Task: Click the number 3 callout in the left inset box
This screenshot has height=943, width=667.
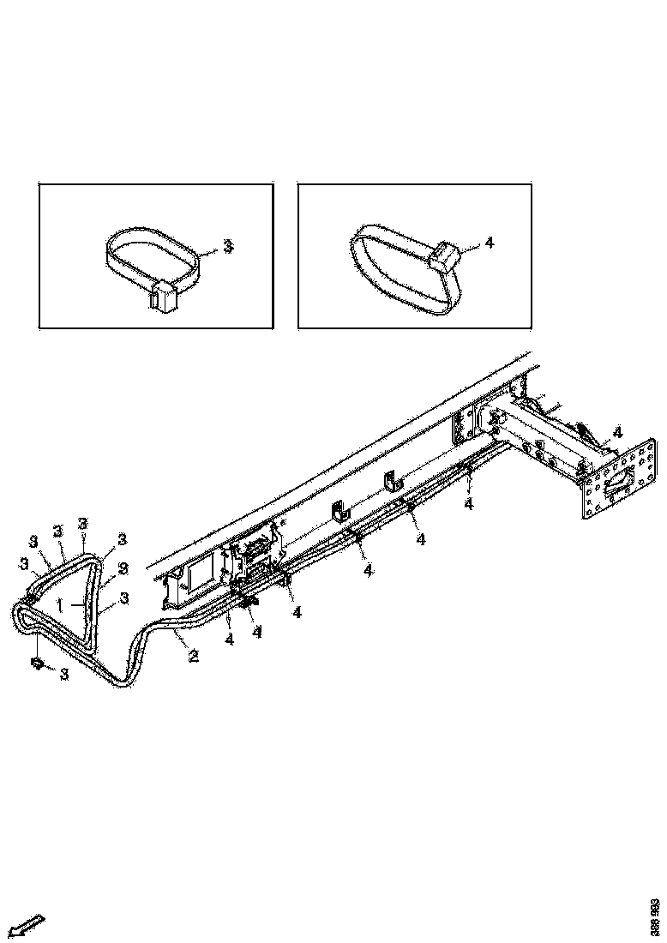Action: pos(228,246)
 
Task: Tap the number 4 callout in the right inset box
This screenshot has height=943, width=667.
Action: pos(490,243)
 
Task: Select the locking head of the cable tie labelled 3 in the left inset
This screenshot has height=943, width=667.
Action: pos(162,296)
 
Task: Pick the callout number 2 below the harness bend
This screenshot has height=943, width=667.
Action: pos(194,657)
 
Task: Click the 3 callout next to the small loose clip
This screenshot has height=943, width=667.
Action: pos(64,674)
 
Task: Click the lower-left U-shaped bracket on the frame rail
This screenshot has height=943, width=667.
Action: pos(339,513)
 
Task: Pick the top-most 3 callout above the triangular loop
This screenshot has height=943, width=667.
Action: pos(82,523)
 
